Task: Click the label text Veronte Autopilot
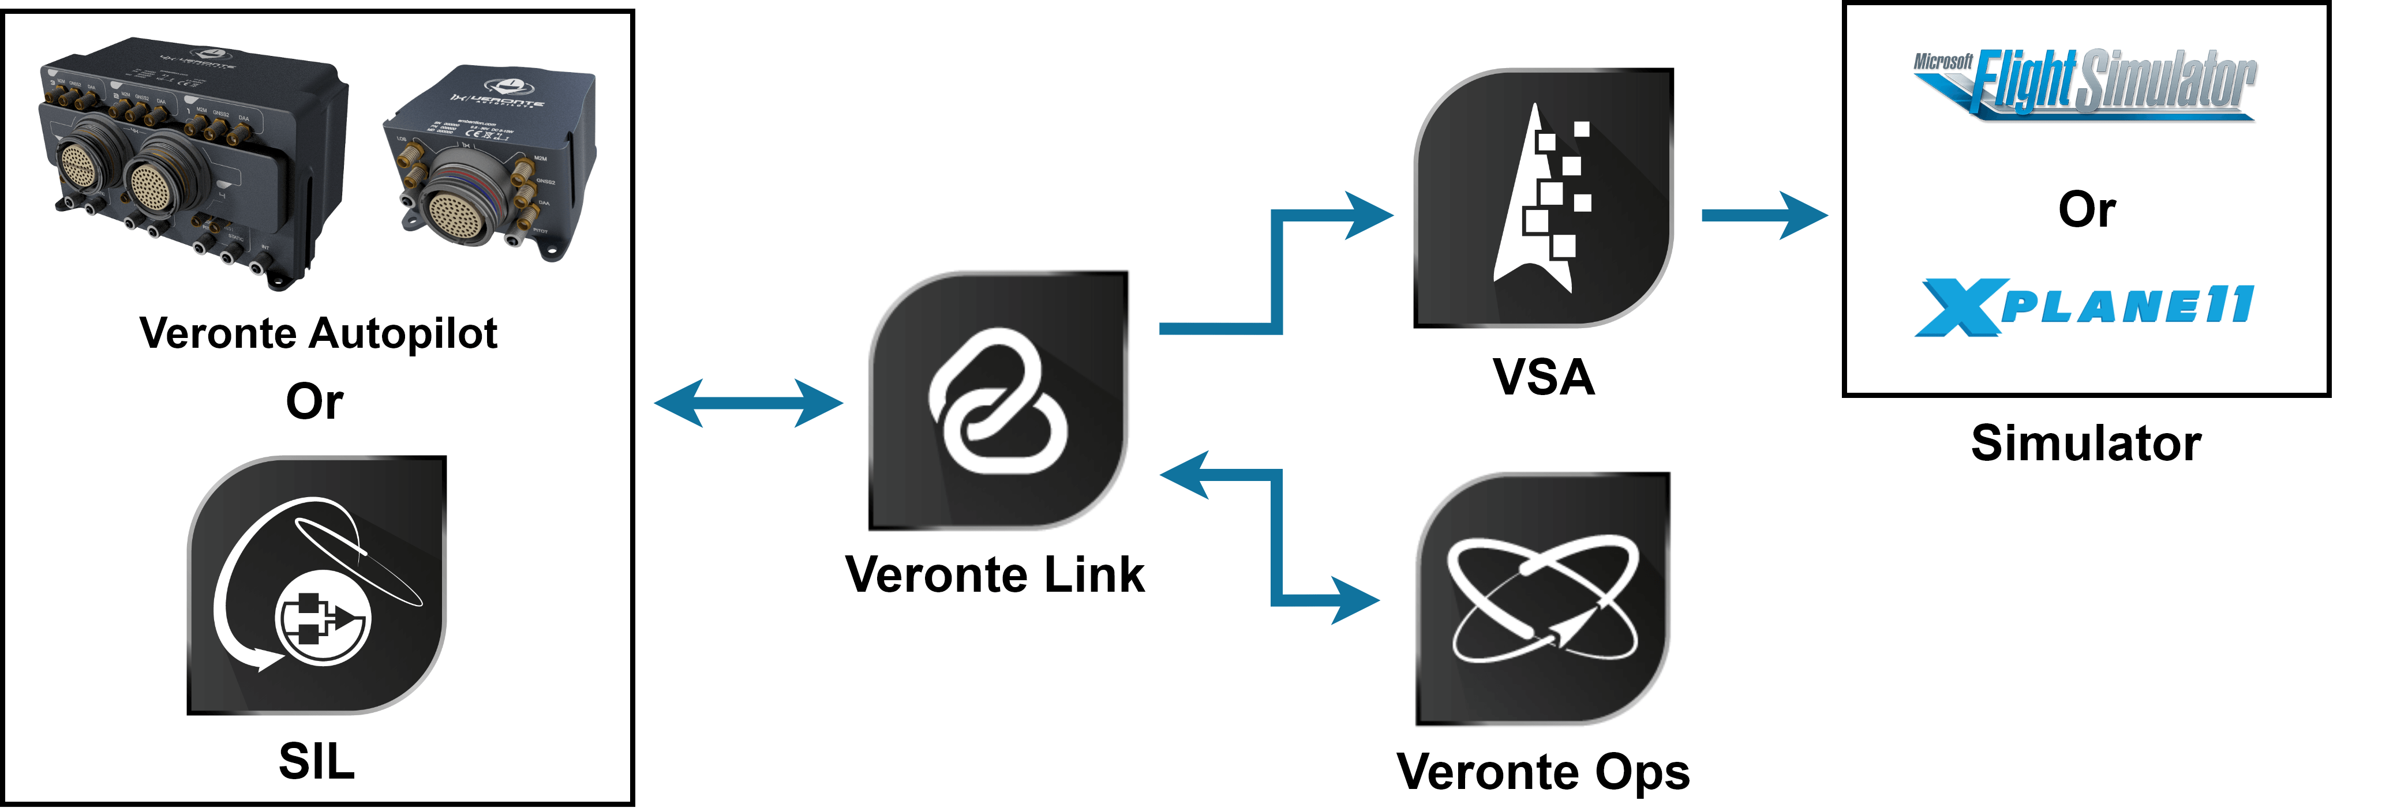(x=318, y=334)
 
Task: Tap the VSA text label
(x=1544, y=377)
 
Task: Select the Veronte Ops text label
(x=1542, y=771)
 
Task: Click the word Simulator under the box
(x=2085, y=443)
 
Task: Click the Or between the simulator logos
(x=2086, y=210)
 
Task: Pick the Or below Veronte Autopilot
(x=314, y=402)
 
